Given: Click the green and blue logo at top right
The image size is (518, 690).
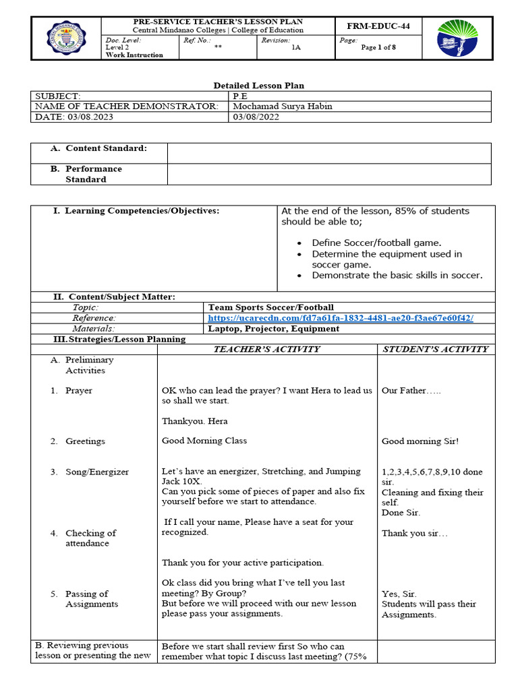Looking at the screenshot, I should (457, 38).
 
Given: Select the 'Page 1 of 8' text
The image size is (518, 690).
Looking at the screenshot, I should (378, 47).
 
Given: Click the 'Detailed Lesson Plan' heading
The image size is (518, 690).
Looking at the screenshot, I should (259, 86).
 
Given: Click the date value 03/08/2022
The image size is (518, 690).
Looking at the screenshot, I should (256, 117).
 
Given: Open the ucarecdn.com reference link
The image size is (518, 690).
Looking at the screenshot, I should (341, 318).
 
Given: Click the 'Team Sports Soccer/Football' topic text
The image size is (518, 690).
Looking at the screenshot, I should (271, 307).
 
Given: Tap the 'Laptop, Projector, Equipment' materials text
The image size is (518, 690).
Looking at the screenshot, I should (274, 329).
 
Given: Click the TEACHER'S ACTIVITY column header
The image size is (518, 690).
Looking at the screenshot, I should (266, 349).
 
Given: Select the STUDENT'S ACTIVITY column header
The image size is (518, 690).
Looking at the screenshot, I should (435, 349).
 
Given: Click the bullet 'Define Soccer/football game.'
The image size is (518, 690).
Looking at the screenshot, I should (376, 243).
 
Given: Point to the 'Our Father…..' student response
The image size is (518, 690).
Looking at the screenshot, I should (411, 390).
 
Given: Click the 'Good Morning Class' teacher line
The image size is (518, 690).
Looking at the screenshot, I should (204, 441).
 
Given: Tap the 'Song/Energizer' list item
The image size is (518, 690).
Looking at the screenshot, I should (96, 472).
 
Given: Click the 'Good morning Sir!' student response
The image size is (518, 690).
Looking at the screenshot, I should (420, 441).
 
